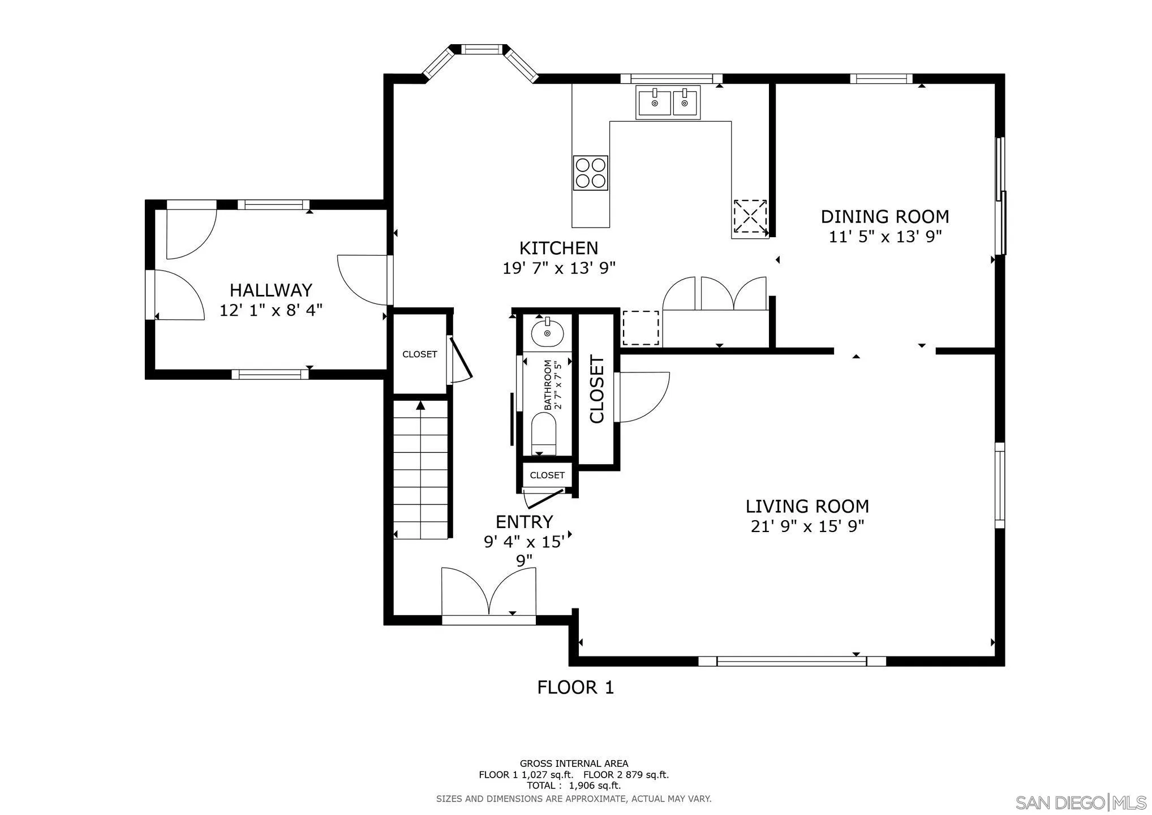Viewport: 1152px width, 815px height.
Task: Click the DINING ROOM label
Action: click(x=884, y=217)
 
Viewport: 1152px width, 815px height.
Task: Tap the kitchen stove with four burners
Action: click(x=590, y=173)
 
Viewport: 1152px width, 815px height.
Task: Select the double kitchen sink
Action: click(x=668, y=102)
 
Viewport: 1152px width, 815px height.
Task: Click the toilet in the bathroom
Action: click(x=544, y=433)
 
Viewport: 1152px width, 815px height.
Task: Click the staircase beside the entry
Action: click(x=421, y=470)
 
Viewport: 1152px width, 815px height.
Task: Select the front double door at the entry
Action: click(x=488, y=594)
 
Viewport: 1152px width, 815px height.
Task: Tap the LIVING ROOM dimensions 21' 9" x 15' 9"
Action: click(x=807, y=526)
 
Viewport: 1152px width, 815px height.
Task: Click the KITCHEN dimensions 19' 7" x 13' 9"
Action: click(x=558, y=268)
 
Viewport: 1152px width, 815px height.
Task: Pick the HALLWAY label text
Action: click(x=270, y=290)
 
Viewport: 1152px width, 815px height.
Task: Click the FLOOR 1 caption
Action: click(x=575, y=688)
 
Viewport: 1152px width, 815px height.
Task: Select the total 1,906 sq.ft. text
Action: click(x=574, y=786)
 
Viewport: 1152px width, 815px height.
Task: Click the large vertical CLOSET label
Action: click(x=598, y=389)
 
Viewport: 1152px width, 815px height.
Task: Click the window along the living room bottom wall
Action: click(x=791, y=660)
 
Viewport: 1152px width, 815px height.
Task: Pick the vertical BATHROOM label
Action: click(x=548, y=385)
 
